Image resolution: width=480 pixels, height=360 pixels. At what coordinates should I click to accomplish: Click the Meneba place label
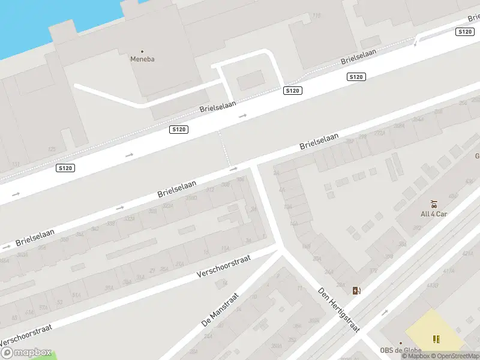tap(142, 59)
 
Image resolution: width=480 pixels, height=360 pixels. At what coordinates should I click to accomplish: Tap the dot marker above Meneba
tap(142, 51)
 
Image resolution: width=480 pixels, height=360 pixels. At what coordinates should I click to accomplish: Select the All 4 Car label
tap(433, 214)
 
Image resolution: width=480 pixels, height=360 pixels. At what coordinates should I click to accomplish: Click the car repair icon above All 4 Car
tap(433, 204)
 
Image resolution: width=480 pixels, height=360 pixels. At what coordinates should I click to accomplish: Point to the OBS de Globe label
tap(400, 350)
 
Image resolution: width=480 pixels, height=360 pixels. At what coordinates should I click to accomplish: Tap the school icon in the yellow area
tap(436, 340)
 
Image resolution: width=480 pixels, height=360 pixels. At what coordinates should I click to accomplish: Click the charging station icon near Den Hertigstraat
tap(356, 290)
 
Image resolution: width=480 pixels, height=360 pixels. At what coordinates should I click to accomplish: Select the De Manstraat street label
tap(220, 309)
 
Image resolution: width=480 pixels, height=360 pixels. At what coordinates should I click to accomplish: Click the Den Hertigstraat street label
tap(338, 309)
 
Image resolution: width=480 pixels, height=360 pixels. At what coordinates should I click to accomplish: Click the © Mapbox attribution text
tap(415, 356)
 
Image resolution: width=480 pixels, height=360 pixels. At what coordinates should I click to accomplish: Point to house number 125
tap(52, 149)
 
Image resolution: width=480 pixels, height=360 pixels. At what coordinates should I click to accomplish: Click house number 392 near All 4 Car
tap(416, 227)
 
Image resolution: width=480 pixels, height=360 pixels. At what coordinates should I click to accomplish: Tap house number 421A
tap(466, 254)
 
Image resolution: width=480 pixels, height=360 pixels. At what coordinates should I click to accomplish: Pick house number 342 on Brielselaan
tap(94, 229)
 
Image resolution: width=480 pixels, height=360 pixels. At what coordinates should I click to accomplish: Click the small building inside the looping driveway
tap(251, 79)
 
